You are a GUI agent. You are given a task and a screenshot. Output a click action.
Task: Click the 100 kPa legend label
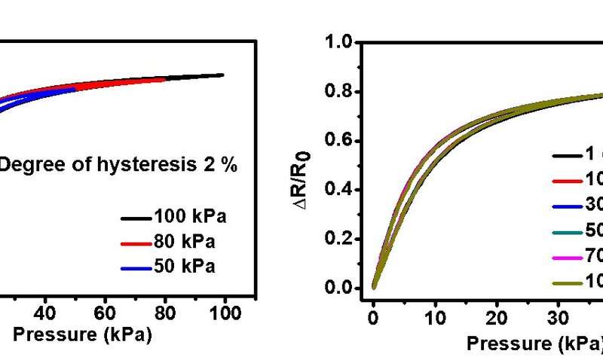pyautogui.click(x=190, y=218)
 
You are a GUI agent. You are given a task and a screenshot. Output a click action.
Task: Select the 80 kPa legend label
pyautogui.click(x=185, y=243)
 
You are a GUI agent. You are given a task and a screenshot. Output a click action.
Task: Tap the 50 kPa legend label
pyautogui.click(x=185, y=267)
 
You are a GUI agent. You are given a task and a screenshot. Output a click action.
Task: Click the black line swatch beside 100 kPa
pyautogui.click(x=136, y=218)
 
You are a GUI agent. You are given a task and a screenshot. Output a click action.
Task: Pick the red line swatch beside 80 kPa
pyautogui.click(x=136, y=243)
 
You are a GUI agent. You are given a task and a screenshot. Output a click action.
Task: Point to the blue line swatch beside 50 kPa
pyautogui.click(x=136, y=268)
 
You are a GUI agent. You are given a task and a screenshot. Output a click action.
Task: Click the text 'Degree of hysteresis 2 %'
pyautogui.click(x=118, y=165)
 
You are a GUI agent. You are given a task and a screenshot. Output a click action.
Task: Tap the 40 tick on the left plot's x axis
pyautogui.click(x=46, y=312)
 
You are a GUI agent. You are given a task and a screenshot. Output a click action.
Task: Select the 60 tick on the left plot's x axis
pyautogui.click(x=106, y=312)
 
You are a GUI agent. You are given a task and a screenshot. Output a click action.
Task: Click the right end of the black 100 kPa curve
pyautogui.click(x=223, y=75)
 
